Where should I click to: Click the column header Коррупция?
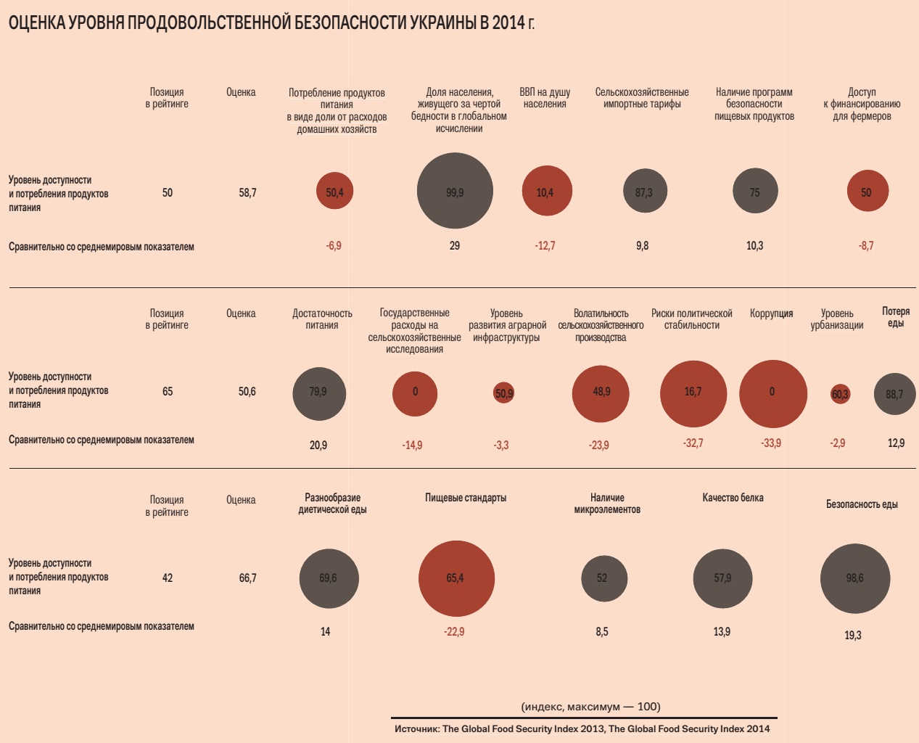[x=771, y=313]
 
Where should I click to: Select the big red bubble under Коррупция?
[x=772, y=393]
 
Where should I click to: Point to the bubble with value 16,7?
[x=693, y=393]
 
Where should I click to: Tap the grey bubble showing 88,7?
[x=895, y=394]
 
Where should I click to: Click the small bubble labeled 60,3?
[x=840, y=394]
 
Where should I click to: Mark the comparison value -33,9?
[x=771, y=443]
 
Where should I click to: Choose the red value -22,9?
[x=454, y=632]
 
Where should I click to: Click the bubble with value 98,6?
[x=855, y=578]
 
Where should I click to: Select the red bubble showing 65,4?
[x=456, y=578]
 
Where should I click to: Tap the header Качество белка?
[x=733, y=498]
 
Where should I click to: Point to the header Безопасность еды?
[x=862, y=504]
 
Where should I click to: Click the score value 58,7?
[x=247, y=193]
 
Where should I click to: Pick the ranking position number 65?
[x=168, y=392]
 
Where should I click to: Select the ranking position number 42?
[x=168, y=578]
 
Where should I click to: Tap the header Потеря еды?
[x=896, y=317]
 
